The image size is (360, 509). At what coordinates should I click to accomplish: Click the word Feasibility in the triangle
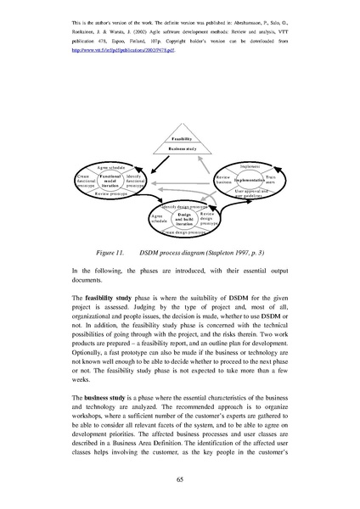coord(180,137)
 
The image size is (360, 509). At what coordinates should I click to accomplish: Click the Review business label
coord(224,180)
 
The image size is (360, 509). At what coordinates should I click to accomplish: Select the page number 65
coord(180,479)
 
